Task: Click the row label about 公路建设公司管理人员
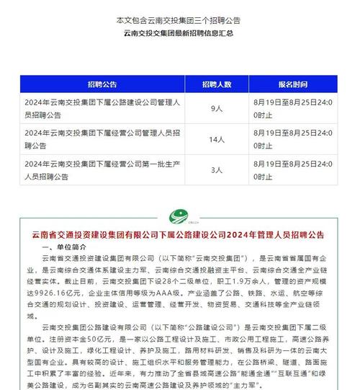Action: [101, 109]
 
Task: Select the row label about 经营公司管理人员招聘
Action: [101, 138]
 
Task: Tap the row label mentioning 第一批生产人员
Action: [101, 169]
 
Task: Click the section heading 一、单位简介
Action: [64, 247]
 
